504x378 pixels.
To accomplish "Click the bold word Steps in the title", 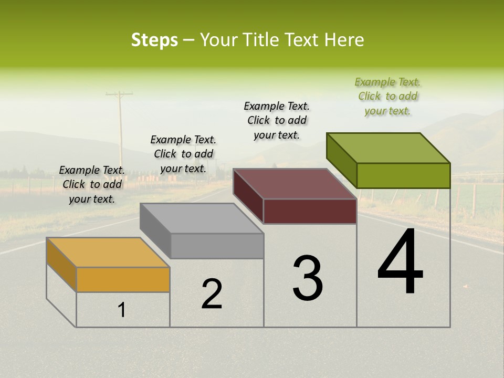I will pyautogui.click(x=154, y=40).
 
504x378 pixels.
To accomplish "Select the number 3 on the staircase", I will pyautogui.click(x=308, y=278).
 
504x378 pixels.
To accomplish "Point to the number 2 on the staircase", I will pyautogui.click(x=212, y=294).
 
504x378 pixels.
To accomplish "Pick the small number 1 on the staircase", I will pyautogui.click(x=122, y=310).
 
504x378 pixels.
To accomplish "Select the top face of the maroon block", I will pyautogui.click(x=295, y=184).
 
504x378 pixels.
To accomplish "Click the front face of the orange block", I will pyautogui.click(x=123, y=279).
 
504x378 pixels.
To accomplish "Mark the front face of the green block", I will pyautogui.click(x=403, y=175).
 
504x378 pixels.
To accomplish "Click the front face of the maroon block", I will pyautogui.click(x=310, y=211).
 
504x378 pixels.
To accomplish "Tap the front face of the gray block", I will pyautogui.click(x=217, y=246).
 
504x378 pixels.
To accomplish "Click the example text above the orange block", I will pyautogui.click(x=92, y=185).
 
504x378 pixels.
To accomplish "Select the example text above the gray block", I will pyautogui.click(x=183, y=154).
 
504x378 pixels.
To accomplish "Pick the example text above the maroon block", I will pyautogui.click(x=277, y=120).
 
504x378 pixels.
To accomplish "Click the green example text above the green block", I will pyautogui.click(x=387, y=97).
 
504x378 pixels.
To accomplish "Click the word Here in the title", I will pyautogui.click(x=344, y=40).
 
